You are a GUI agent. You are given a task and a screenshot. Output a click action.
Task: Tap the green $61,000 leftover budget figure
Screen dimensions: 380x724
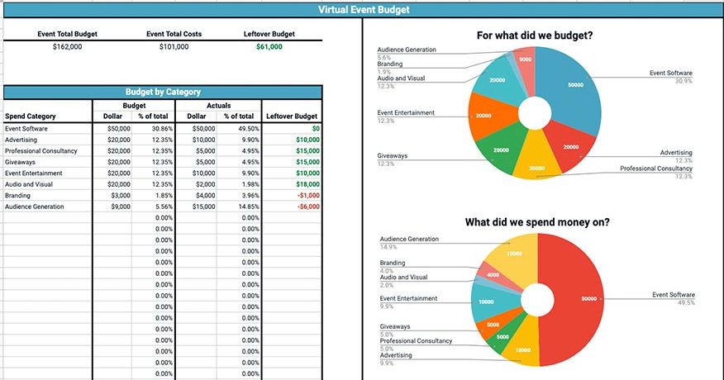tap(269, 47)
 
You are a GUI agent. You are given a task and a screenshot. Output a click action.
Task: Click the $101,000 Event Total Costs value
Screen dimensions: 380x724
tap(174, 47)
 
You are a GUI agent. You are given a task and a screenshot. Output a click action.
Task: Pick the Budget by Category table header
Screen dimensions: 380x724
tap(163, 93)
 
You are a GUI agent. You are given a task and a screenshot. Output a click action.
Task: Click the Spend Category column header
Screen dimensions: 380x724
tap(30, 116)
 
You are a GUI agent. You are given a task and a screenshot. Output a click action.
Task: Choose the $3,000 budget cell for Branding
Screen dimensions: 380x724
tap(120, 196)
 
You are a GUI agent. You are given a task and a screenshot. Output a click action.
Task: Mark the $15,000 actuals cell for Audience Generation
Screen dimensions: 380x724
tap(202, 207)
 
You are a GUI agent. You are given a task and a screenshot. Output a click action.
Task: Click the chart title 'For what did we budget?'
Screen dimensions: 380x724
tap(536, 36)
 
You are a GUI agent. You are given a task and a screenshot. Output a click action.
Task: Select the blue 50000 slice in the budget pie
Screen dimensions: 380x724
tap(574, 87)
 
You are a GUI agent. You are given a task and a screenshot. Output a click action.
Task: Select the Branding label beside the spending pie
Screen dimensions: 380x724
tap(392, 263)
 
